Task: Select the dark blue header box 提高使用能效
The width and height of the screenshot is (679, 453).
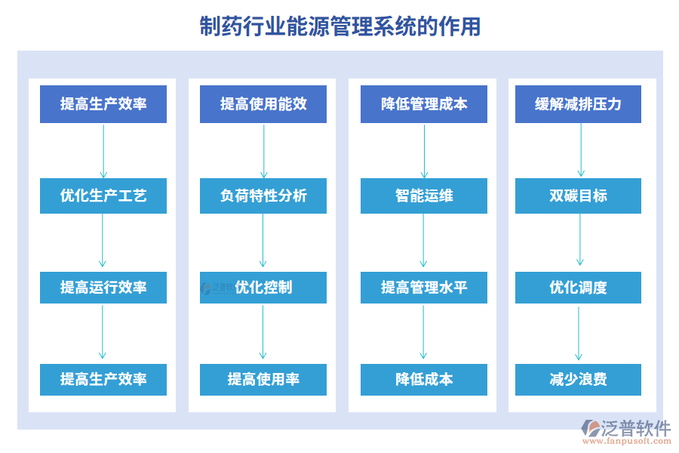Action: pyautogui.click(x=263, y=104)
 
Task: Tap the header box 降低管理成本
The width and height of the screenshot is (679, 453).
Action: pyautogui.click(x=424, y=104)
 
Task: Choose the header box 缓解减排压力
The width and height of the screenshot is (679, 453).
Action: pyautogui.click(x=579, y=104)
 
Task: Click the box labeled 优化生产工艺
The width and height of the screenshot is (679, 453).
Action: pyautogui.click(x=103, y=196)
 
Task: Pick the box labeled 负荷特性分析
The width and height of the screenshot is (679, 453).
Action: pyautogui.click(x=263, y=196)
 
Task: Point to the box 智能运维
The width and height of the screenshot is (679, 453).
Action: pyautogui.click(x=424, y=196)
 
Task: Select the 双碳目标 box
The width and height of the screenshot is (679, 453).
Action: pyautogui.click(x=579, y=196)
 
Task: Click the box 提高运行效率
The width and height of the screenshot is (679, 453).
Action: pyautogui.click(x=103, y=288)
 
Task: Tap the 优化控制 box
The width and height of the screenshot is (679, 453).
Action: pyautogui.click(x=263, y=288)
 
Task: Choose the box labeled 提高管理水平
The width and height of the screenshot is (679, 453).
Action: pyautogui.click(x=424, y=288)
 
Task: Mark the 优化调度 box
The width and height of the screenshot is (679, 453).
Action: pyautogui.click(x=579, y=288)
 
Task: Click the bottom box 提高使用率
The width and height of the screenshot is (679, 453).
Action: pyautogui.click(x=263, y=379)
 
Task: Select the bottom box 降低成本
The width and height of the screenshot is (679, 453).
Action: pyautogui.click(x=424, y=379)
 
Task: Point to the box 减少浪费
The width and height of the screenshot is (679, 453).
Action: pyautogui.click(x=579, y=379)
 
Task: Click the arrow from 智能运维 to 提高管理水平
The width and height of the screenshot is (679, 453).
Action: pyautogui.click(x=424, y=242)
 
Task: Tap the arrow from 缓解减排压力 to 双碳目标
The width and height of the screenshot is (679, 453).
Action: pyautogui.click(x=581, y=150)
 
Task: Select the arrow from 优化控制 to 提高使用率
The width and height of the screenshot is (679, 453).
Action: pyautogui.click(x=263, y=333)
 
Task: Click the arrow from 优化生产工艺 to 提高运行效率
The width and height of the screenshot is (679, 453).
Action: pyautogui.click(x=103, y=242)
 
